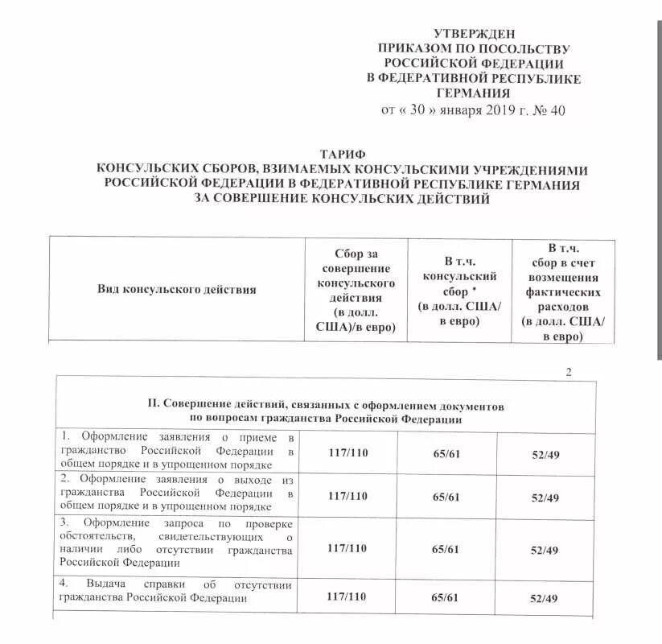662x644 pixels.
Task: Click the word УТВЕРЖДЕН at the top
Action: tap(473, 34)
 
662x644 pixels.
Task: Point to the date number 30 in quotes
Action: tap(423, 110)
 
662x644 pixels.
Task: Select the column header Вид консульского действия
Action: tap(177, 289)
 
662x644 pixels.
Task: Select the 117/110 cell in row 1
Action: tap(347, 452)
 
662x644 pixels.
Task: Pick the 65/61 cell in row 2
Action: tap(446, 496)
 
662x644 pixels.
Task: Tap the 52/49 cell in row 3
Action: tap(545, 549)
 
